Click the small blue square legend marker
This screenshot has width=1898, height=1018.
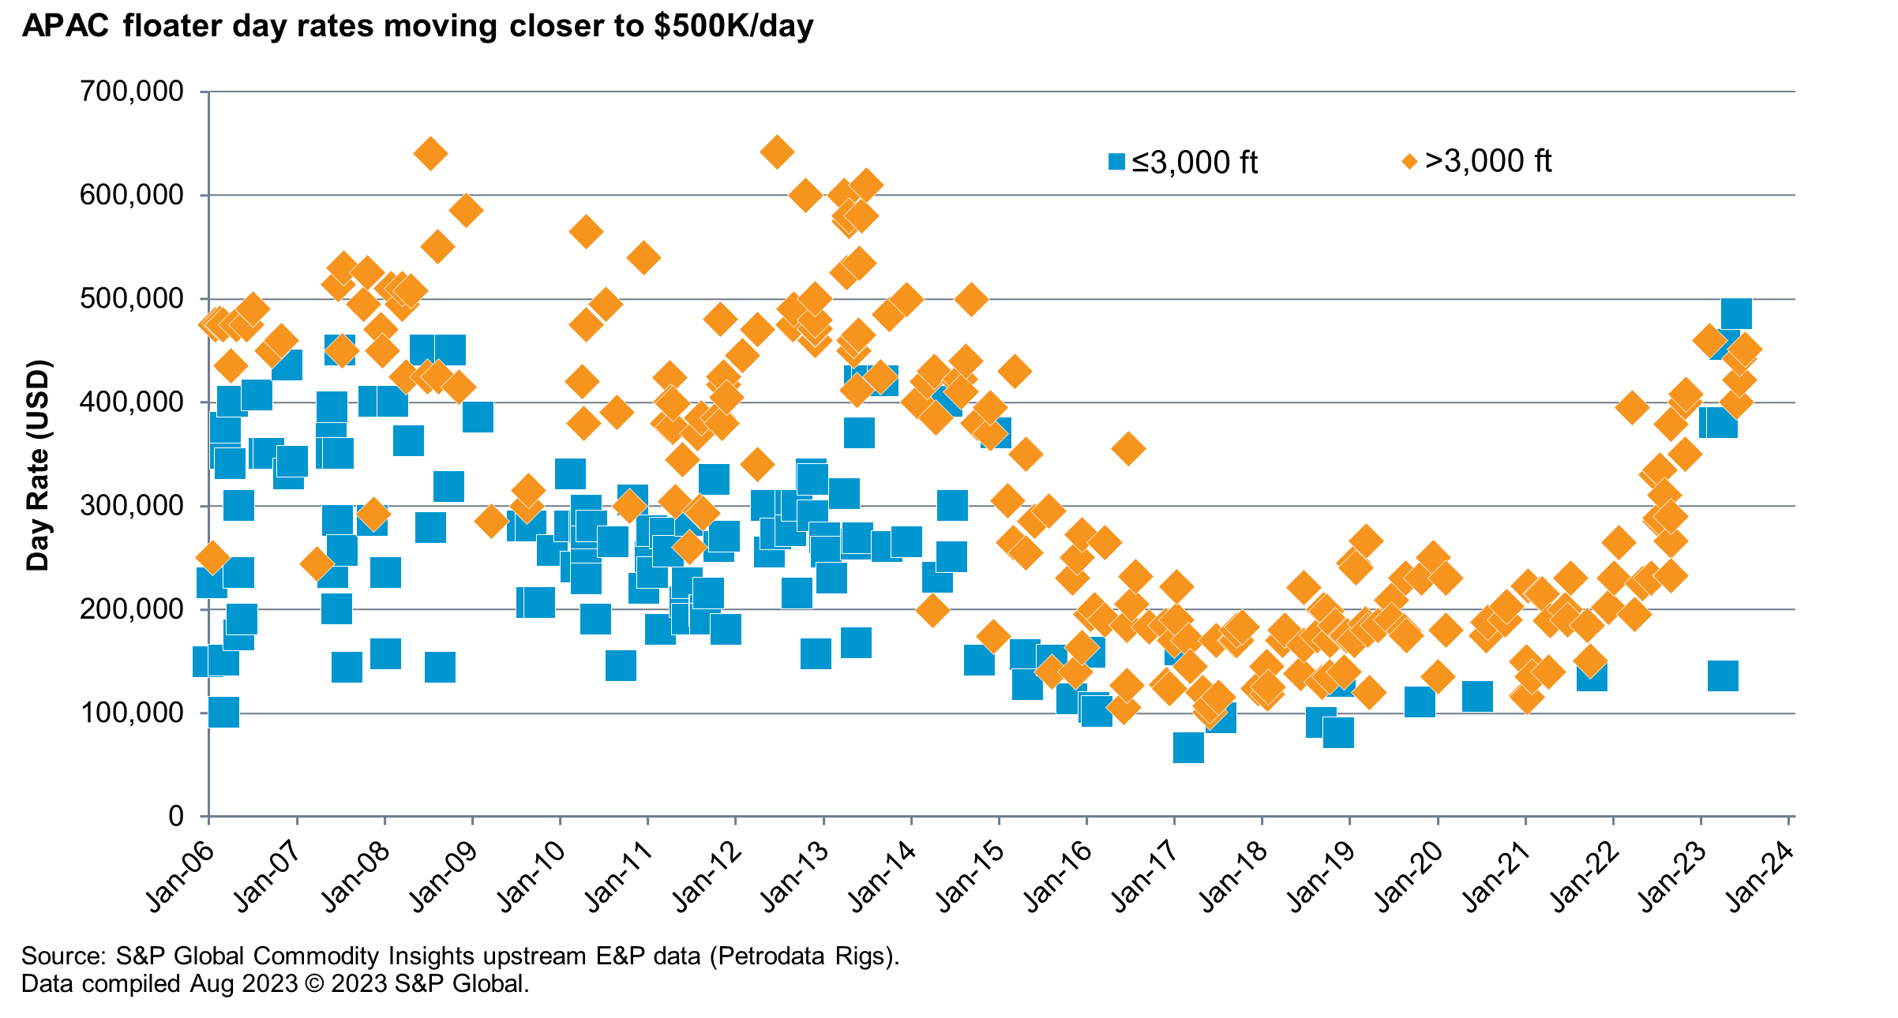click(x=1116, y=162)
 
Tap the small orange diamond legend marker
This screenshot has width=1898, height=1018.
click(x=1409, y=162)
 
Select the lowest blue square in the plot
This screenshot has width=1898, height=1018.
click(x=1188, y=747)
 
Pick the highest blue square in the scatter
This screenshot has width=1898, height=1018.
click(x=1736, y=314)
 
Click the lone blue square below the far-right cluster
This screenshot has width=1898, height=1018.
click(x=1723, y=676)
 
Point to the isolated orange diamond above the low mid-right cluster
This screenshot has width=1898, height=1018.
click(x=1128, y=448)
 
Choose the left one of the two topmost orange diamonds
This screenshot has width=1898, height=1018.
click(x=430, y=152)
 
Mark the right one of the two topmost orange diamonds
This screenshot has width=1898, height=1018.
click(x=777, y=151)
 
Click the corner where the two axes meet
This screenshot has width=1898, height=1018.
click(x=208, y=816)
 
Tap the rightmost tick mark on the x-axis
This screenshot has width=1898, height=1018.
click(x=1789, y=821)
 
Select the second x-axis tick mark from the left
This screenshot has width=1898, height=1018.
click(x=298, y=821)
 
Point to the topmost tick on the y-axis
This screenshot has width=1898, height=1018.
click(x=204, y=92)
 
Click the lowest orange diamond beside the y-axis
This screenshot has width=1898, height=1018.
click(x=212, y=557)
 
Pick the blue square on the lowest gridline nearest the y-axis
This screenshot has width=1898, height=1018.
click(x=223, y=712)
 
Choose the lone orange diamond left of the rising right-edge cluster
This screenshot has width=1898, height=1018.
click(x=1632, y=407)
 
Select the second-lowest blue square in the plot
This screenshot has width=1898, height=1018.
click(x=1338, y=732)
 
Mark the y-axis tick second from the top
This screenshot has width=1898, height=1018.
click(x=204, y=195)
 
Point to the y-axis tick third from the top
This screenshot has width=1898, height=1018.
click(x=204, y=299)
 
